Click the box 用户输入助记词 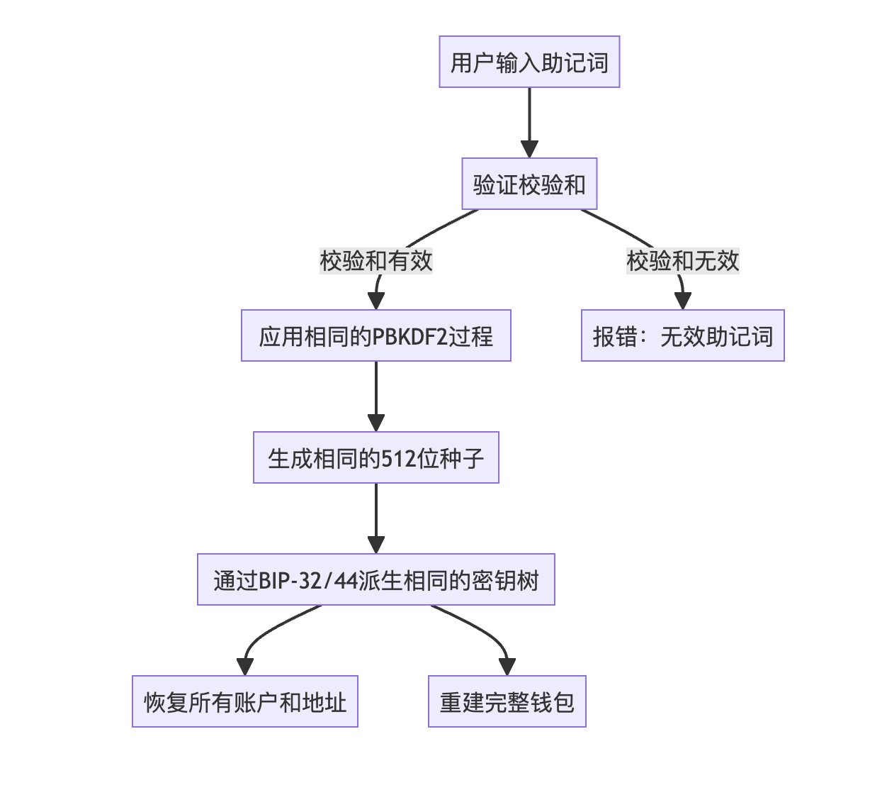(529, 62)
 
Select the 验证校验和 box (529, 184)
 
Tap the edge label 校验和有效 (375, 261)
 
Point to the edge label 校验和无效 (682, 261)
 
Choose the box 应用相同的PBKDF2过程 (375, 335)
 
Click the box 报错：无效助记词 (682, 335)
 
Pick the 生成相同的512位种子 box (375, 457)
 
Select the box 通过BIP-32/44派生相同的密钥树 (375, 579)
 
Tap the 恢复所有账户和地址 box (244, 701)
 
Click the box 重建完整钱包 (507, 701)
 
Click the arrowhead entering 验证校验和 (529, 150)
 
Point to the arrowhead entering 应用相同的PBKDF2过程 (375, 301)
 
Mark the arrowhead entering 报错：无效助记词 (682, 301)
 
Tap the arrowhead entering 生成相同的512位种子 (375, 423)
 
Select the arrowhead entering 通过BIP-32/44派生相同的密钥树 (375, 545)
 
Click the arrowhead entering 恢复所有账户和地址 (244, 667)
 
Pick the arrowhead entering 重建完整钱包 (507, 667)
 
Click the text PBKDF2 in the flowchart (410, 336)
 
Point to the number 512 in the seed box (399, 458)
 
